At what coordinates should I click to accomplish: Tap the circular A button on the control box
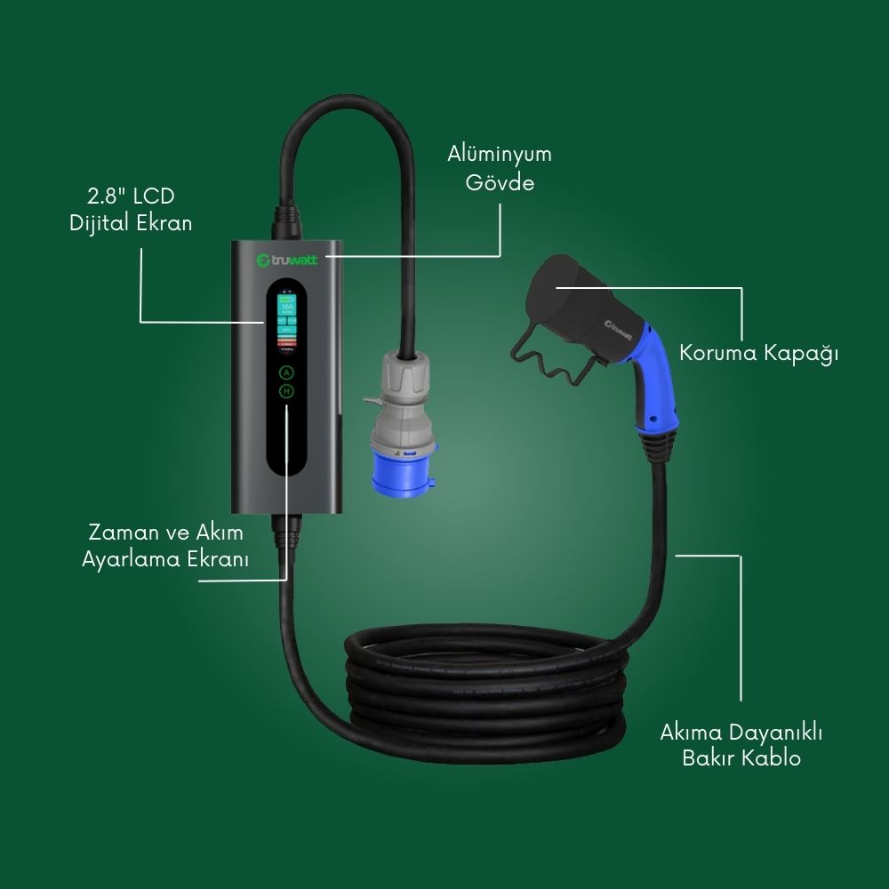click(x=286, y=372)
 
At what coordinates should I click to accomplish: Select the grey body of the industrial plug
click(x=402, y=391)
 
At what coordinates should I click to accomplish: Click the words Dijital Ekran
click(x=131, y=223)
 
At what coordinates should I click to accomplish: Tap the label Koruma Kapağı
click(x=759, y=352)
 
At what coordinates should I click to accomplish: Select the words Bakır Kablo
click(x=741, y=758)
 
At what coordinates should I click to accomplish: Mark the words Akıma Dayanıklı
click(x=741, y=733)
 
